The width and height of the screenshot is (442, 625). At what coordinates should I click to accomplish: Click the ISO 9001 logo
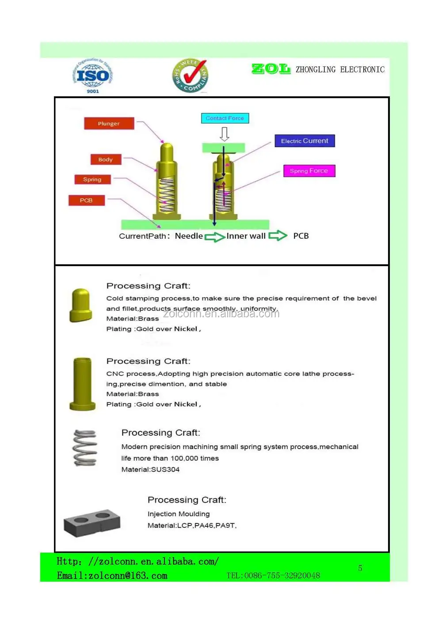(92, 76)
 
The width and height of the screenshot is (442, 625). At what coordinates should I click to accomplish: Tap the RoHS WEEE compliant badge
(190, 76)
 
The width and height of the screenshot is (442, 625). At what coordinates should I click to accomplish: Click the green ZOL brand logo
(271, 69)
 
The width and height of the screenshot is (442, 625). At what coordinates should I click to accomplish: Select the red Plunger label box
(109, 124)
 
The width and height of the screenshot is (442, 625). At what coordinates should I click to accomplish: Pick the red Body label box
(106, 160)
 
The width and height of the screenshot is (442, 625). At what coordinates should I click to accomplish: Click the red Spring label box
(92, 179)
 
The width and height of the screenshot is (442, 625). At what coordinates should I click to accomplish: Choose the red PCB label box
(86, 200)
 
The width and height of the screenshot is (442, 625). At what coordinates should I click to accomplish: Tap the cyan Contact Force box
(225, 118)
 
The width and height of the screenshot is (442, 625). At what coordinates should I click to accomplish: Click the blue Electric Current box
(305, 141)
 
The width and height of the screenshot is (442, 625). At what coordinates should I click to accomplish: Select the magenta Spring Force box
(309, 171)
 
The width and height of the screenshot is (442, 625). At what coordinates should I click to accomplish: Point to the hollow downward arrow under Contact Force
(225, 134)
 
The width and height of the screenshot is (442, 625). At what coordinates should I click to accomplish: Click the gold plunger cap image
(80, 305)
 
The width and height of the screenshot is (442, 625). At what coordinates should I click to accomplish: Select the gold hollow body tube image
(83, 384)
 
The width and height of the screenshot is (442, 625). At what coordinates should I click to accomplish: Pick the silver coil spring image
(85, 448)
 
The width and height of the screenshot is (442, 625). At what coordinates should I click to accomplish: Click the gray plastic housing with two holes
(92, 522)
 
